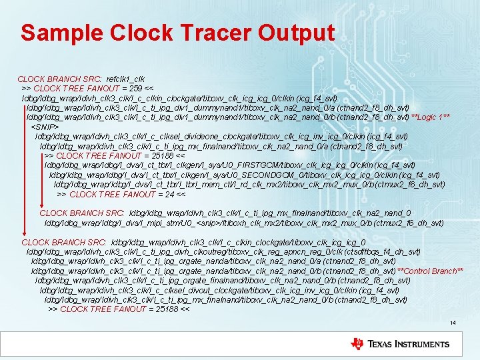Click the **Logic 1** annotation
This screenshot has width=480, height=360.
click(430, 117)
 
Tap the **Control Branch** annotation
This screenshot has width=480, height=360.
click(430, 271)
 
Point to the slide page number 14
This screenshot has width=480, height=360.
click(453, 323)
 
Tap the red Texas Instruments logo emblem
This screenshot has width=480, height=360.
click(357, 344)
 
